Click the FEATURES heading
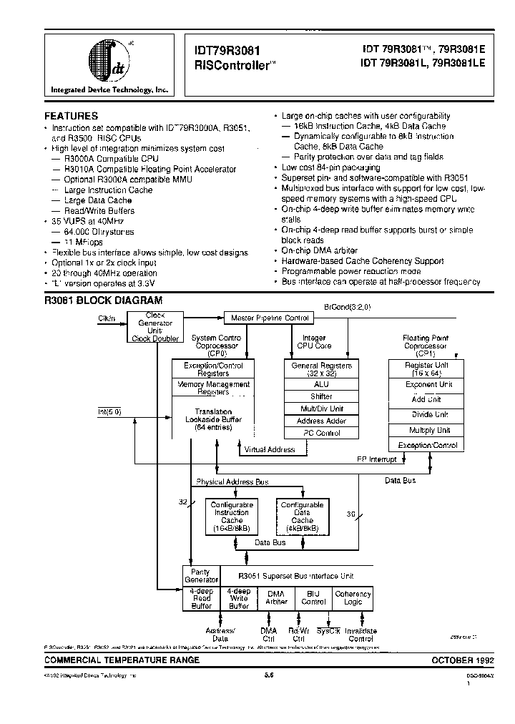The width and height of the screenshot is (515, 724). pos(72,115)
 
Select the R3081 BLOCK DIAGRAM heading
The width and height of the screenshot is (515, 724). pos(103,301)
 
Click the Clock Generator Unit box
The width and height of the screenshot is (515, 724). pos(154,327)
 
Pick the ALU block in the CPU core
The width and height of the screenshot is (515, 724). pos(321,383)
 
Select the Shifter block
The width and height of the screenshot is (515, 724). pos(321,396)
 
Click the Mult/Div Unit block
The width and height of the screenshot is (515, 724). pos(321,409)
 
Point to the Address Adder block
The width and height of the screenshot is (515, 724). pos(321,421)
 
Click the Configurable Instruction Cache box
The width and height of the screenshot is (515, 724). pos(232,517)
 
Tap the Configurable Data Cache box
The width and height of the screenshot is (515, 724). pos(302,517)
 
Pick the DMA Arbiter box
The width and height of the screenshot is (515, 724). pos(276,597)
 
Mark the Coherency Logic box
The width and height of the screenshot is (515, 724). pos(353,597)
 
